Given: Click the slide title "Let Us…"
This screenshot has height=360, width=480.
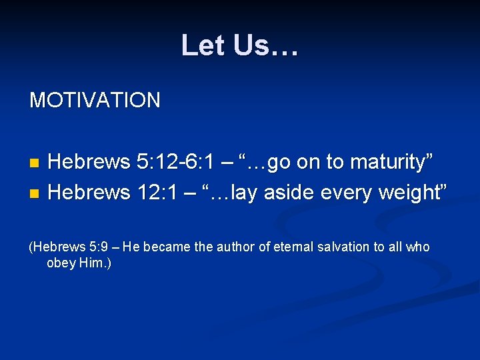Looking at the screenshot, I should [240, 46].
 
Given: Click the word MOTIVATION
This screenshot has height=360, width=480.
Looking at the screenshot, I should [95, 101].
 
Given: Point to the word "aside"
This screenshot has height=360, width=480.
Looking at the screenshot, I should [290, 193].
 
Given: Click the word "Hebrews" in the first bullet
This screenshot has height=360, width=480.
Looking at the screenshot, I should [89, 162].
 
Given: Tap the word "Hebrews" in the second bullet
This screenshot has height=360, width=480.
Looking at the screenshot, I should [89, 193].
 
